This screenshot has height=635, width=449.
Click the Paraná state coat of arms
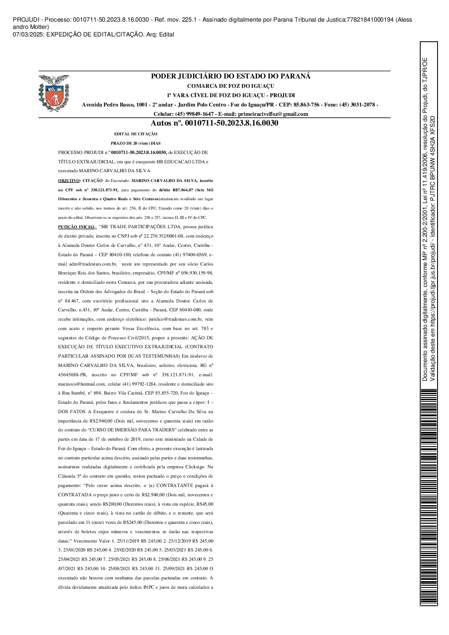coord(53,92)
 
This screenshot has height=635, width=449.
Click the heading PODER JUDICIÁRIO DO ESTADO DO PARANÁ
coord(231,76)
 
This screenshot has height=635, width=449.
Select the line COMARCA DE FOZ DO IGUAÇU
coord(231,86)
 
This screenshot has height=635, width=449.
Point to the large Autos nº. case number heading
coord(214,123)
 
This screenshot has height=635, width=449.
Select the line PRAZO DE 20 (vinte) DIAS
coord(136,143)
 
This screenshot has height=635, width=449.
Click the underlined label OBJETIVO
coord(68,180)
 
